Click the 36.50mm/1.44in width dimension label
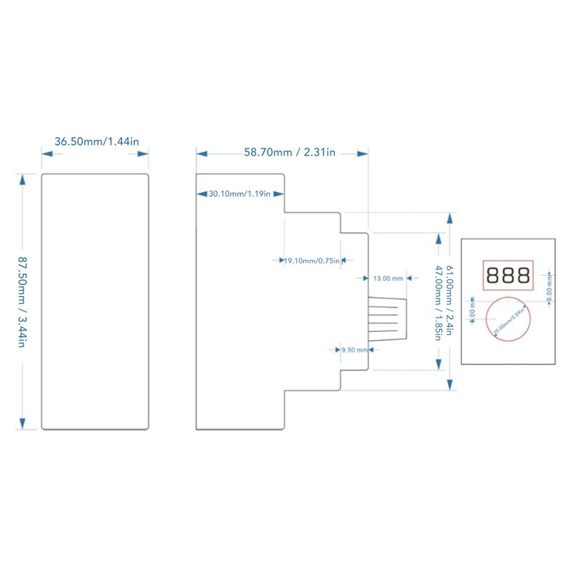(96, 141)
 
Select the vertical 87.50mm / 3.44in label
(22, 301)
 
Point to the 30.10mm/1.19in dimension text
(239, 194)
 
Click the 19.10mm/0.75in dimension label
(311, 261)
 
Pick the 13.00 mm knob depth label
(388, 278)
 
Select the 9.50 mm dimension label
(354, 350)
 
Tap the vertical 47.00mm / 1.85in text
(438, 303)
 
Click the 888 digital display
(508, 275)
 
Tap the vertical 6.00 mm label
(473, 311)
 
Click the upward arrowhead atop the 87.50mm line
(22, 178)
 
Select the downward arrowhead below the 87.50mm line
(22, 424)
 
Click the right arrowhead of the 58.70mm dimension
(363, 153)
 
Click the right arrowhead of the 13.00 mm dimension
(404, 278)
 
